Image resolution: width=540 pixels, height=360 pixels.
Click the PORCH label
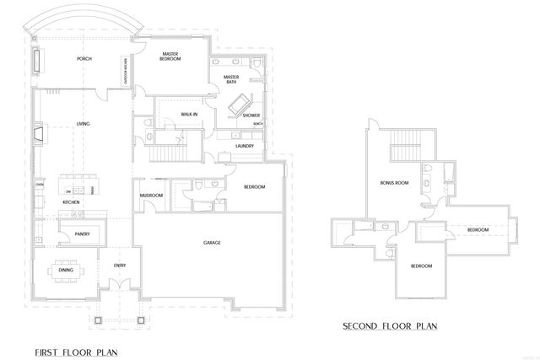84,59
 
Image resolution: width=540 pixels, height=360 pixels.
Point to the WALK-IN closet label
189,113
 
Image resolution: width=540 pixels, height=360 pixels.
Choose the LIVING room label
84,124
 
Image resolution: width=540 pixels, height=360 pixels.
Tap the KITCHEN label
72,203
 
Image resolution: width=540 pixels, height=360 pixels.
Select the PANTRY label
83,234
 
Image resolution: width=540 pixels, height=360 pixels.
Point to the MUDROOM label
151,196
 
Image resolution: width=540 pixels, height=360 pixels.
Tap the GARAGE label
212,243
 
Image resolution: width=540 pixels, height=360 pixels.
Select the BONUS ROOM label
394,181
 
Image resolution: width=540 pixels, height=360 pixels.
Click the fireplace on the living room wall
37,133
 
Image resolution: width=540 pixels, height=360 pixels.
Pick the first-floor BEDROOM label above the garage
255,186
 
